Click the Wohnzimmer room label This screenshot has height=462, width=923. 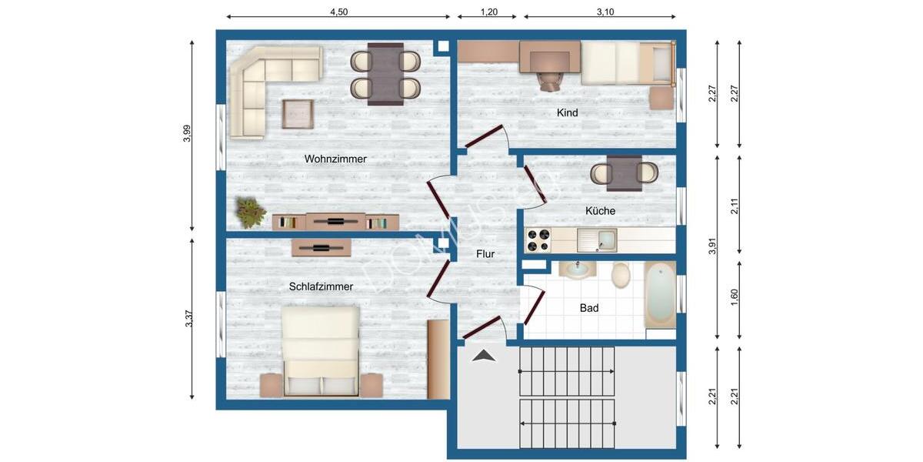tap(335, 159)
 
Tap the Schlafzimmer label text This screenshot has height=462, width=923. tap(321, 286)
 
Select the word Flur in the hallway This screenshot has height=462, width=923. tap(485, 253)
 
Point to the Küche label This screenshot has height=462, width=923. tap(600, 211)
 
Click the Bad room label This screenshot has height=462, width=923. tap(589, 308)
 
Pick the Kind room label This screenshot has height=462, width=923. tap(567, 113)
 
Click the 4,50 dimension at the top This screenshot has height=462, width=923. tap(338, 12)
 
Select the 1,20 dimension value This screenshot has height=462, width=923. tap(488, 12)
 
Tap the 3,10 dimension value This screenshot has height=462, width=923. tap(605, 12)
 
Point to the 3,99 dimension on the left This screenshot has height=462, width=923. tap(187, 134)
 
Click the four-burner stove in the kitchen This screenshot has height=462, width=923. tap(538, 240)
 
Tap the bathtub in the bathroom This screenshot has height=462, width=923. tap(660, 296)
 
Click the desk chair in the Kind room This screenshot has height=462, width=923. tap(549, 79)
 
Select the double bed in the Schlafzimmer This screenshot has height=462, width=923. tap(321, 351)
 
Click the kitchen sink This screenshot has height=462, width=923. tap(597, 240)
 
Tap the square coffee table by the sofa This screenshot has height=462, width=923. tap(298, 115)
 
